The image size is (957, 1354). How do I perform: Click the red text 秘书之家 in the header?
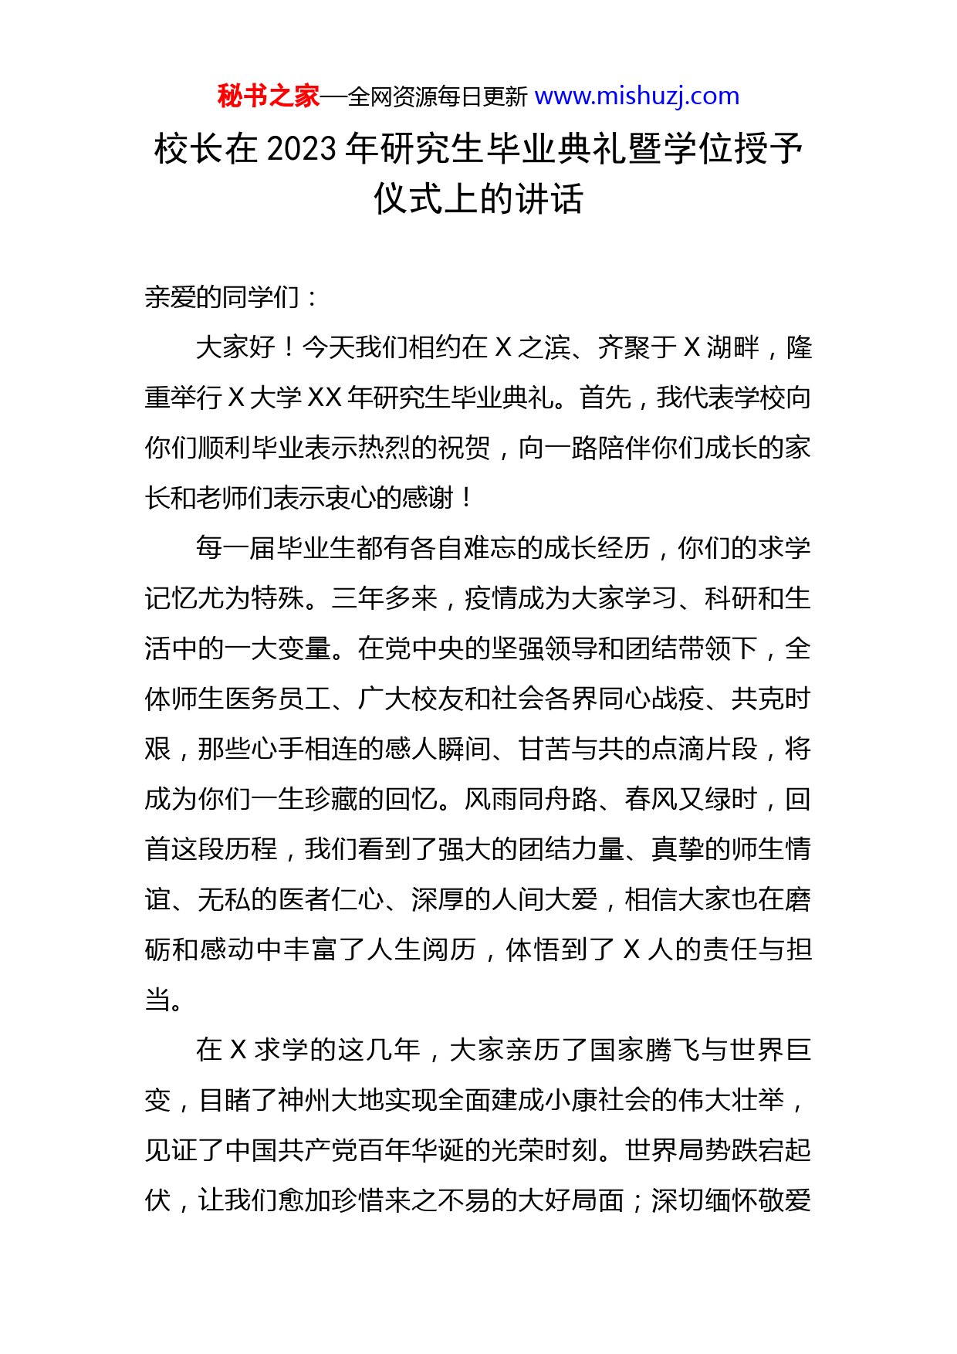(x=268, y=96)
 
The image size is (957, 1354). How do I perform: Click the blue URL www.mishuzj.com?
(x=637, y=96)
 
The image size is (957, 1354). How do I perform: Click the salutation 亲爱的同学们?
(x=222, y=298)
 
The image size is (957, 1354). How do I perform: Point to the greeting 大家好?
(x=235, y=348)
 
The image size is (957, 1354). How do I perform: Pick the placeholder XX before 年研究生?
(x=324, y=398)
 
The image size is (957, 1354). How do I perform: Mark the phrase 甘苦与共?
(x=571, y=750)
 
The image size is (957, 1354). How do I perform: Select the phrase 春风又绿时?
(x=691, y=800)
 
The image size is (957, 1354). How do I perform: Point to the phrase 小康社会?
(x=600, y=1101)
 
